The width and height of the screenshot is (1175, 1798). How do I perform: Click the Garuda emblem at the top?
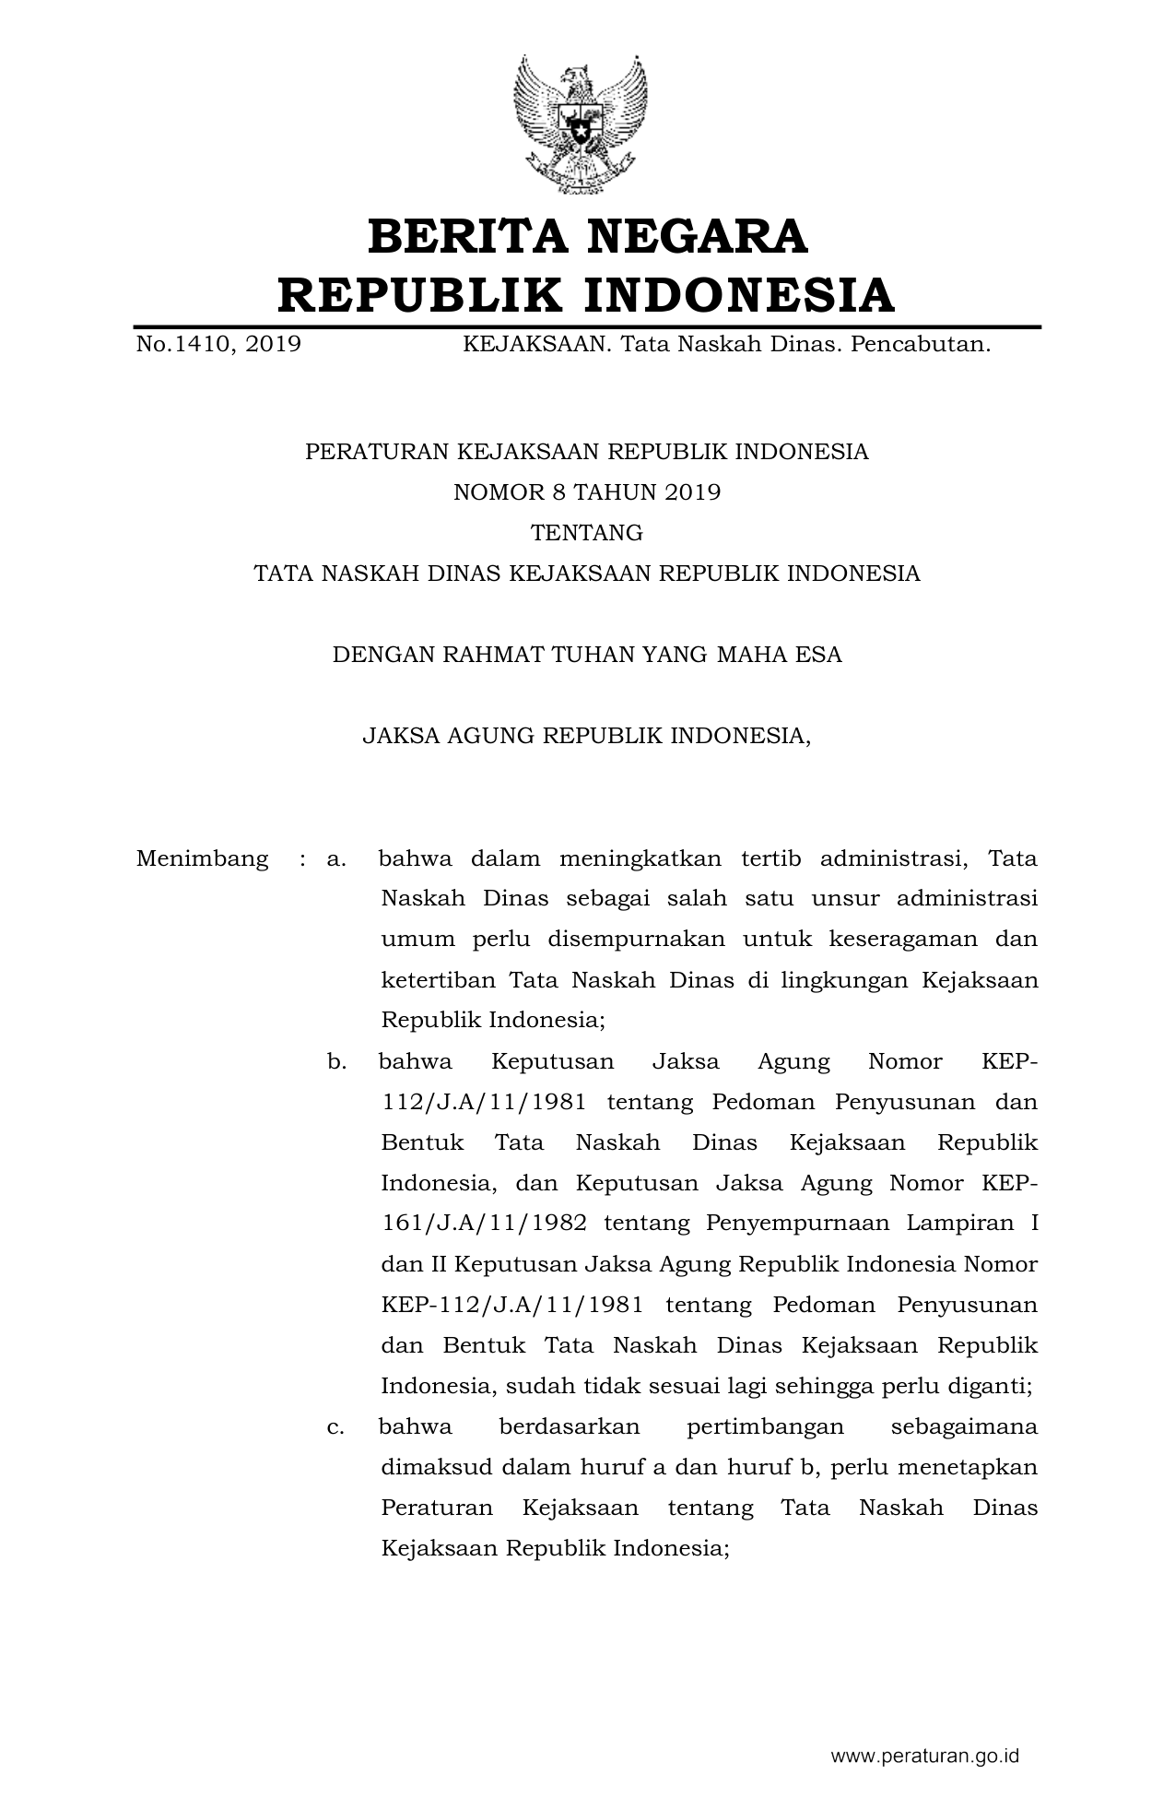[x=581, y=124]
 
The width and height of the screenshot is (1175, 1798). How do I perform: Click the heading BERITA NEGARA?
[x=587, y=237]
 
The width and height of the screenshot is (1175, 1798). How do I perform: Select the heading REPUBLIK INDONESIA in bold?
[x=586, y=296]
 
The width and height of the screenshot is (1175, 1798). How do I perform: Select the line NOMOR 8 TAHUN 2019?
[x=587, y=492]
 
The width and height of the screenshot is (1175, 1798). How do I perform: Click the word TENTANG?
[x=587, y=533]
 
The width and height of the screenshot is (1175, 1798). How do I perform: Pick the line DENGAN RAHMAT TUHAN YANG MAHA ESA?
[x=587, y=655]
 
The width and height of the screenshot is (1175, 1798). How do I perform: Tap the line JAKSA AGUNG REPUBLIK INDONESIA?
[x=587, y=736]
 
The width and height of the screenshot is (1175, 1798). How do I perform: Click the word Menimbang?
[x=202, y=858]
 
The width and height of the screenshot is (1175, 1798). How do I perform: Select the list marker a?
[x=336, y=858]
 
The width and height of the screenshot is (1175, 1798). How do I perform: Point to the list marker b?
[x=336, y=1061]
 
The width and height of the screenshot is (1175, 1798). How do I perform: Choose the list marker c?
[x=336, y=1426]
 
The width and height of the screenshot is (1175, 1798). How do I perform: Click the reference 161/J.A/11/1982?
[x=484, y=1224]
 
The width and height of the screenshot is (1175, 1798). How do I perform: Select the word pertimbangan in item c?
[x=765, y=1426]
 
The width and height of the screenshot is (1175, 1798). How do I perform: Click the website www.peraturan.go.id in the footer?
[x=924, y=1757]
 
